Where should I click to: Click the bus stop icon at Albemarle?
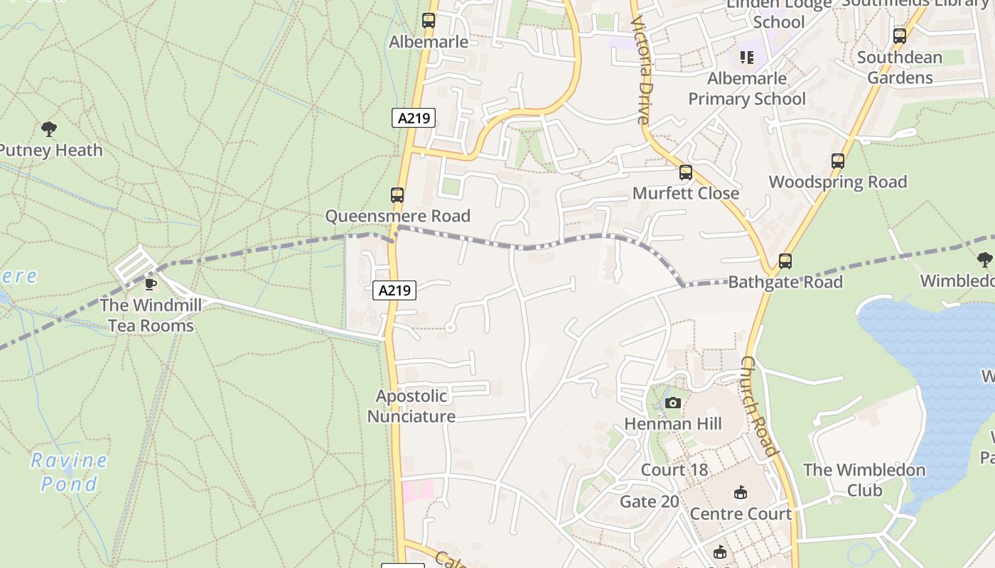pos(429,21)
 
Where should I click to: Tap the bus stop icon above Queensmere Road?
pos(397,195)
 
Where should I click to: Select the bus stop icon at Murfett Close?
pos(686,172)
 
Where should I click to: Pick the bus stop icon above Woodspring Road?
pos(838,161)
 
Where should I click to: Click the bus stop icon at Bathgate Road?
pos(785,261)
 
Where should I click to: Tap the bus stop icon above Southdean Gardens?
pos(900,35)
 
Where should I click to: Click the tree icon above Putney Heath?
pos(49,129)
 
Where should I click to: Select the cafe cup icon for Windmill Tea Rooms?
pos(150,284)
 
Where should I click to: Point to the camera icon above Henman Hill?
pos(672,403)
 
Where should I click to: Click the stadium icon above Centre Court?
pos(741,492)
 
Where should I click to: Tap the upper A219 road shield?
pos(414,118)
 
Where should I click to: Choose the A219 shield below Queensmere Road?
pos(394,290)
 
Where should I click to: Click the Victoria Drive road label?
pos(642,71)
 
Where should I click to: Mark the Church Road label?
pos(760,405)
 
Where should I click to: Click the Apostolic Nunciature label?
pos(412,406)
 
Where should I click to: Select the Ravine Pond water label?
pos(69,472)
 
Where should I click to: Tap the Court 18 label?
pos(674,470)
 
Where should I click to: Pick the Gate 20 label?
pos(650,502)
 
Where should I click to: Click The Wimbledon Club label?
pos(864,480)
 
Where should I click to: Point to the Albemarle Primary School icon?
pos(746,57)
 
